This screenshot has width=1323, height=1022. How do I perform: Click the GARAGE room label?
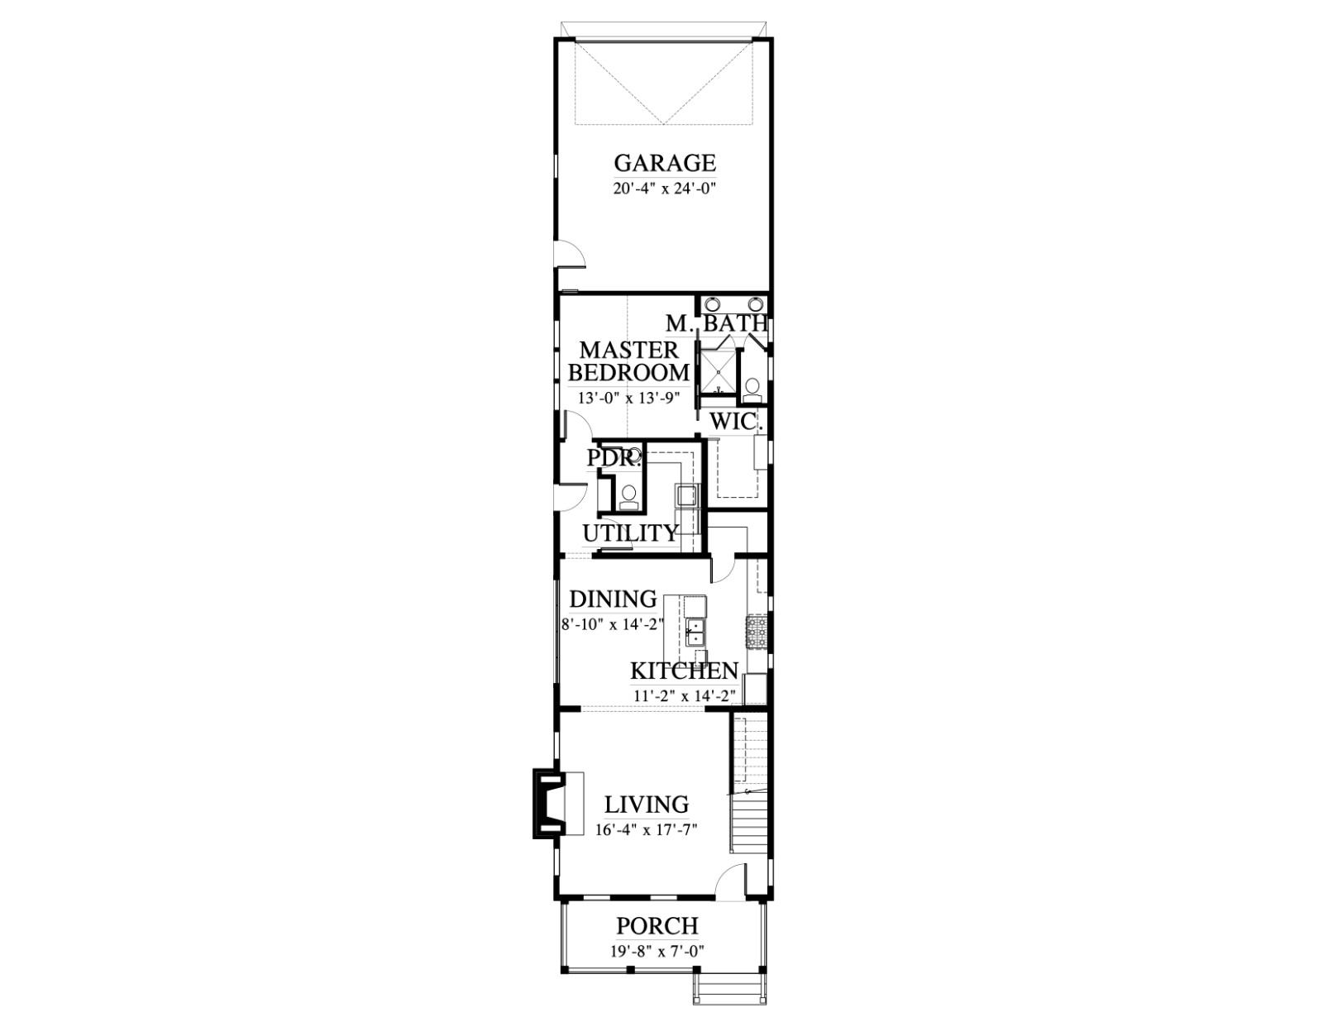coord(665,163)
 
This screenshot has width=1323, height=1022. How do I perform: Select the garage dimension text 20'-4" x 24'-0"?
coord(663,189)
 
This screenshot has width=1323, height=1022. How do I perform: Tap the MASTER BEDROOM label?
coord(629,361)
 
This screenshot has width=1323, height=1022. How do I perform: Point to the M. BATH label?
coord(717,323)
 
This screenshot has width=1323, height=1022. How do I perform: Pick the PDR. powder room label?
coord(614,458)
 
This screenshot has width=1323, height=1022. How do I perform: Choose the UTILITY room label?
coord(630,533)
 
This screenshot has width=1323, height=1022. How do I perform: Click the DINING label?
coord(613,599)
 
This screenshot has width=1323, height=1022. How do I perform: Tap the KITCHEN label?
coord(684,671)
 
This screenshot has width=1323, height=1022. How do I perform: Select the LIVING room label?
coord(647,804)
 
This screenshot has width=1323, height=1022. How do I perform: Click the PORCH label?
coord(657,926)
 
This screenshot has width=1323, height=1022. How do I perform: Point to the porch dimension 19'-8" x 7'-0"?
coord(657,951)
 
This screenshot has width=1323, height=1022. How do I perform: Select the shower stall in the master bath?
coord(718,373)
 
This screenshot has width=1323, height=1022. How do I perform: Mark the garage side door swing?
coord(570,253)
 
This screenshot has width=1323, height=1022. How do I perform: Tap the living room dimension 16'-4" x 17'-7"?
coord(646,829)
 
